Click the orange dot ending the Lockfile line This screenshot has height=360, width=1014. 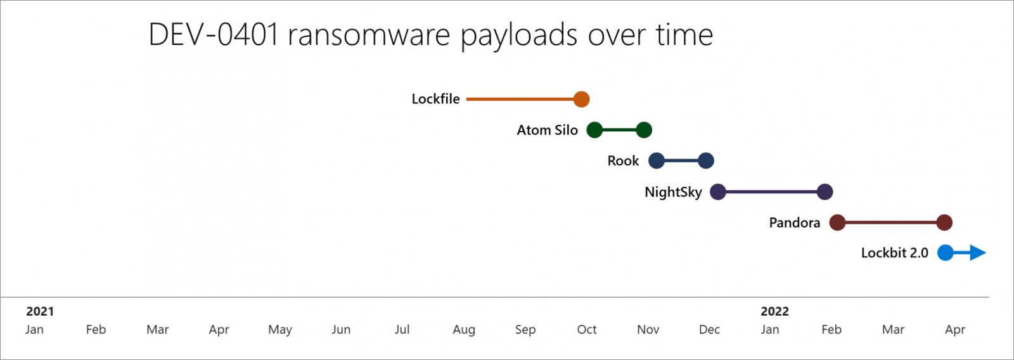coord(581,99)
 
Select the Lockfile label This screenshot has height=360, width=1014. coord(435,99)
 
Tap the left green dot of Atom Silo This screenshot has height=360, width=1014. coord(594,130)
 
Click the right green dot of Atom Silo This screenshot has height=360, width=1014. coord(644,130)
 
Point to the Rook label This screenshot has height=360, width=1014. coord(623,161)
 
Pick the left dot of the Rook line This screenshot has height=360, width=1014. coord(657,161)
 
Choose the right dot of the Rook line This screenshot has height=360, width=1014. coord(706,161)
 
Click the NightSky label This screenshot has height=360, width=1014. coord(673,192)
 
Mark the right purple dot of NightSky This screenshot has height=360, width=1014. coord(825,192)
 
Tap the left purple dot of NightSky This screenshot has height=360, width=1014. coord(718,192)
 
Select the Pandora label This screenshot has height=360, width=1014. coord(795,223)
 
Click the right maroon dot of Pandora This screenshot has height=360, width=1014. coord(944,223)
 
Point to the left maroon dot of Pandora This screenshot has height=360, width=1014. coord(837,223)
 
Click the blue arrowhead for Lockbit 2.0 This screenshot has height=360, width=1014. coord(978,253)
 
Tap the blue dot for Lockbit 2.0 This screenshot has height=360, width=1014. coord(946,253)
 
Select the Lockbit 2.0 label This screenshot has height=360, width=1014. coord(894,253)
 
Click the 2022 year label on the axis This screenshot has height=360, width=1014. coord(774,312)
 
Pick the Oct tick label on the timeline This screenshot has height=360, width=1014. coord(587,330)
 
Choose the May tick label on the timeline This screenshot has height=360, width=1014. coord(279,330)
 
